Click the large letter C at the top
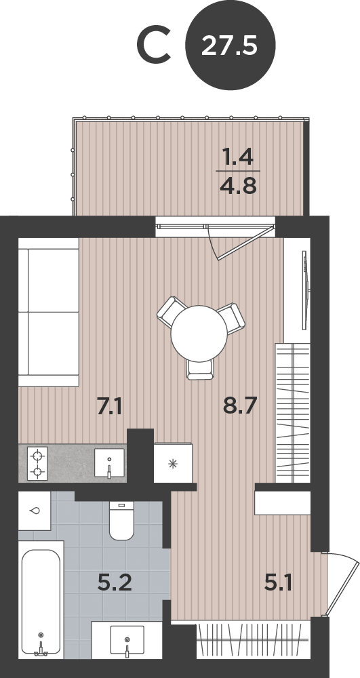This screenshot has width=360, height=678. (x=153, y=45)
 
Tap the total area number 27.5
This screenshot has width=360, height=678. (x=229, y=45)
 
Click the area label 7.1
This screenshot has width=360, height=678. (x=109, y=407)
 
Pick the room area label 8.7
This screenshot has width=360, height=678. (x=240, y=405)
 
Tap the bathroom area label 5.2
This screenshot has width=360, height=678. (x=115, y=582)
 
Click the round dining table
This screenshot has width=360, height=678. (x=199, y=334)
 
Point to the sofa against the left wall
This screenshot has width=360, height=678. (x=48, y=312)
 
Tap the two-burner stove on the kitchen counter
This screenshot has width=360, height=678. (x=37, y=464)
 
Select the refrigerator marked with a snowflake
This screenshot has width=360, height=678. (x=173, y=462)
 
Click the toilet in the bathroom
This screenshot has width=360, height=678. (x=121, y=521)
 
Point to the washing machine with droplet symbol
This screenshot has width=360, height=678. (x=35, y=511)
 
